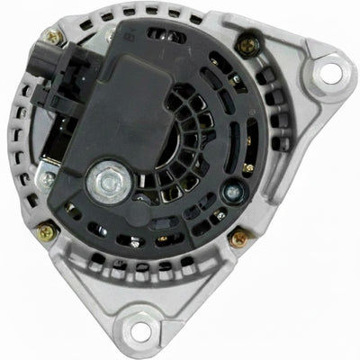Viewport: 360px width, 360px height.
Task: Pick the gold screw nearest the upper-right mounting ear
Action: [244, 40]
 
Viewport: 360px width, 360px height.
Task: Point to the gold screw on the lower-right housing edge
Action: [239, 239]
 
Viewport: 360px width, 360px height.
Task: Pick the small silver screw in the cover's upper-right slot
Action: [232, 79]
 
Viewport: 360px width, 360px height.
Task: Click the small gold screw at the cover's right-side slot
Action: [248, 167]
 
